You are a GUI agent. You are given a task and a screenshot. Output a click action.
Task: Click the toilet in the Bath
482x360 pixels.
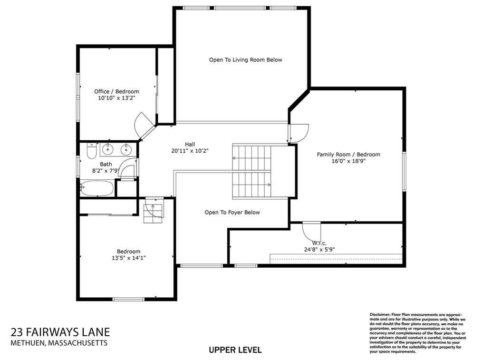pos(92,151)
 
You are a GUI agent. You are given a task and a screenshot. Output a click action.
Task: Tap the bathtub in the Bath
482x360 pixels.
pos(97,188)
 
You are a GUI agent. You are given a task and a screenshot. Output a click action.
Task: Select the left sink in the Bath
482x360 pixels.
pos(108,150)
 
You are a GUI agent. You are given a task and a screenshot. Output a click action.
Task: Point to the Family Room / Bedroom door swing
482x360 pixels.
pos(299,132)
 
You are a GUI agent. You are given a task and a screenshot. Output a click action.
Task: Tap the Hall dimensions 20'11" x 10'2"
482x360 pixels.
pos(190,151)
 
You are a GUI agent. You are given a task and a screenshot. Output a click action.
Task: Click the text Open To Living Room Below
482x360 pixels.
pos(245,60)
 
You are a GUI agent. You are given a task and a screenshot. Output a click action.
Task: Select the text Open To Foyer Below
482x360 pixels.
pos(232,213)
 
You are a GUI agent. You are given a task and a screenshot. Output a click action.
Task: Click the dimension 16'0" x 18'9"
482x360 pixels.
pos(348,161)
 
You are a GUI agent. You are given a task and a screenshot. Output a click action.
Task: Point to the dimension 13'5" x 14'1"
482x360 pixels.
pos(128,258)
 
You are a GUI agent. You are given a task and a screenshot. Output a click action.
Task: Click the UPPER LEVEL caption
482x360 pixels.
pos(235,350)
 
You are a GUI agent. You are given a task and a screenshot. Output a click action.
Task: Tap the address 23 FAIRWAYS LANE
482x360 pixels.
pos(60,332)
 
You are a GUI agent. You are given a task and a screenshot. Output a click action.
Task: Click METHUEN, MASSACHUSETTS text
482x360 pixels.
pos(59,343)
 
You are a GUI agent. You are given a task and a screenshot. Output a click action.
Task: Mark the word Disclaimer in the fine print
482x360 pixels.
pos(379,315)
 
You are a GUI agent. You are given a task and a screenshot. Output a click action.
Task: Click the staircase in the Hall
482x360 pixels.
pos(251,171)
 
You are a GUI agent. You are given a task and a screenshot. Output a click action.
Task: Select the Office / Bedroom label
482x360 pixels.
pos(116,91)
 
